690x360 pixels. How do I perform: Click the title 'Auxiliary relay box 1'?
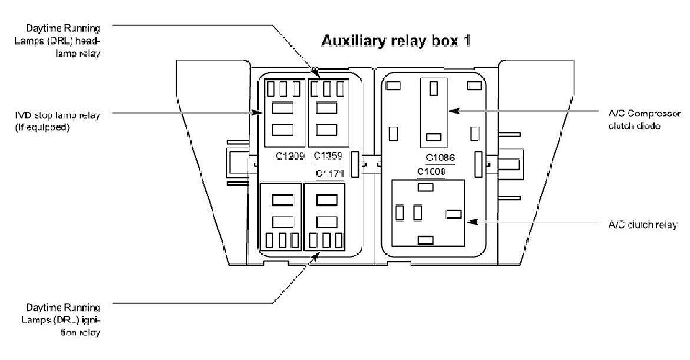point(395,42)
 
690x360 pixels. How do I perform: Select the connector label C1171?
point(329,174)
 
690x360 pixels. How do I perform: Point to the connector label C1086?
point(440,158)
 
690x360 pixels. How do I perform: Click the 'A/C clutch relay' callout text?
point(642,224)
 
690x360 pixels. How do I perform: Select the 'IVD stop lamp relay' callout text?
point(57,121)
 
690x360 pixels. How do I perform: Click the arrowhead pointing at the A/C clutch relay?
point(468,222)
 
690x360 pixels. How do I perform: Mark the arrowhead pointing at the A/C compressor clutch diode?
point(451,110)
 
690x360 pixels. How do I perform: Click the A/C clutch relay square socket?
point(428,213)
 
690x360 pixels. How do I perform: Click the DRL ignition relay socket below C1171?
point(324,217)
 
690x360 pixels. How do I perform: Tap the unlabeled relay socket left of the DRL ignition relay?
point(282,217)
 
